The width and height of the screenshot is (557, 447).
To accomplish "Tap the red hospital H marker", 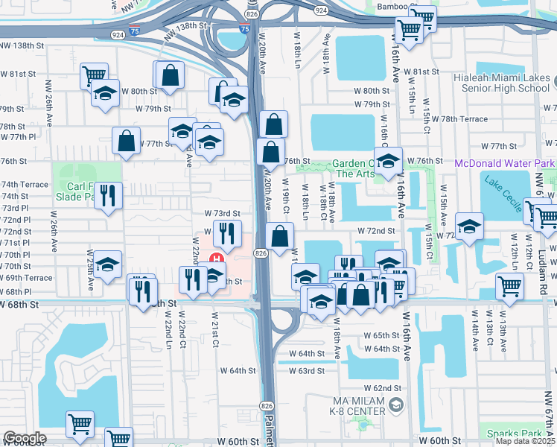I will (x=217, y=259).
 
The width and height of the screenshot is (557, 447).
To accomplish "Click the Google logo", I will (x=25, y=438).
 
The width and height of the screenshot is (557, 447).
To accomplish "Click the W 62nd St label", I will (x=383, y=389).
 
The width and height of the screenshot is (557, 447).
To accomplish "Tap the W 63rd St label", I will (x=307, y=370).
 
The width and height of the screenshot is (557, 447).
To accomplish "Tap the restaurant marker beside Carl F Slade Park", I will (x=109, y=195).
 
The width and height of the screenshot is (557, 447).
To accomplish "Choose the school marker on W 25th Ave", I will (x=107, y=264).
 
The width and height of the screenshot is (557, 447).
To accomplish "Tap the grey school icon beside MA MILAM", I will (x=395, y=405).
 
